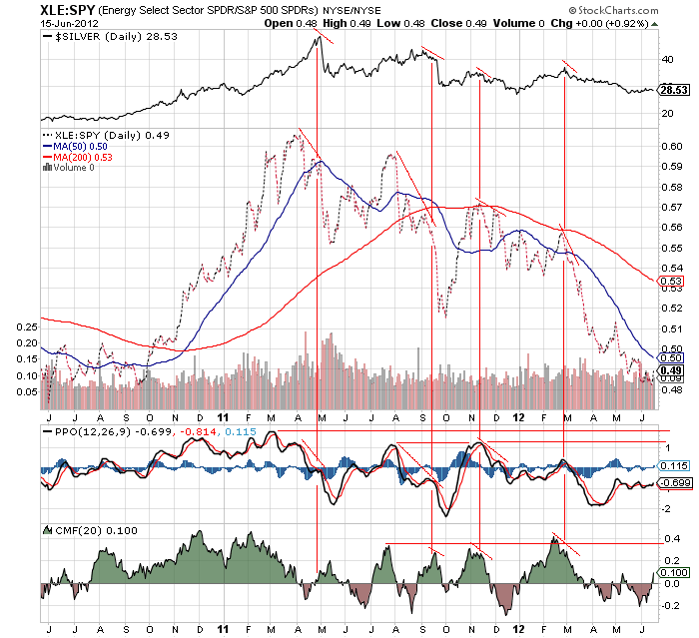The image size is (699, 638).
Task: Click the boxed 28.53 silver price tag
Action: [x=676, y=90]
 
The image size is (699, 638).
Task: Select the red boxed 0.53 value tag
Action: [x=672, y=282]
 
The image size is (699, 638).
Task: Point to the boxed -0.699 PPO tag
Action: [x=676, y=482]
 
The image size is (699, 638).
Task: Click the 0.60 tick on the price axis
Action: [x=672, y=146]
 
